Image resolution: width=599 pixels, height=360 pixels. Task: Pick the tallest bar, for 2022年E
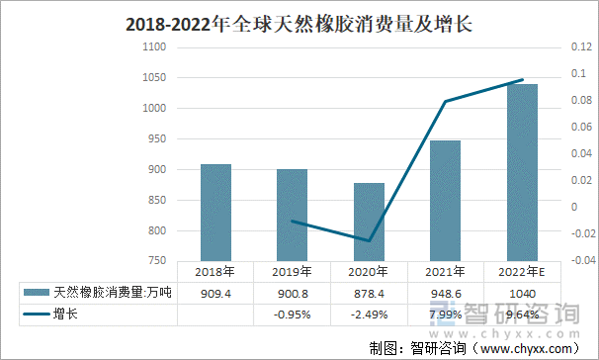point(522,172)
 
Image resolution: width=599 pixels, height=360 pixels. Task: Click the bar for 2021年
point(445,200)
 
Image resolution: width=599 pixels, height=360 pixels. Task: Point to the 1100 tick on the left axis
point(154,47)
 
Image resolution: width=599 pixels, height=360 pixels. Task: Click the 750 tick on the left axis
point(157,261)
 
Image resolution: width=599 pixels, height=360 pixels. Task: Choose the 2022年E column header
point(522,272)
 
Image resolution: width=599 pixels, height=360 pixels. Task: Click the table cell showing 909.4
point(215,293)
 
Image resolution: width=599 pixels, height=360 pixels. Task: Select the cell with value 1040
point(522,293)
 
